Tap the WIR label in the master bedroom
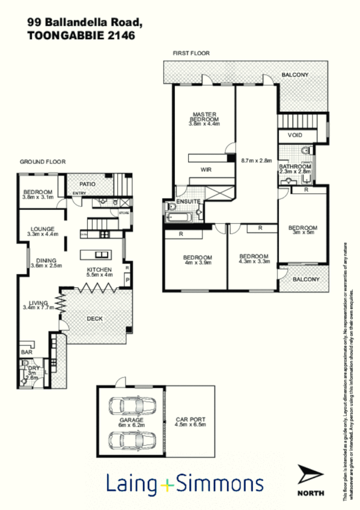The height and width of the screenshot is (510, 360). tap(206, 170)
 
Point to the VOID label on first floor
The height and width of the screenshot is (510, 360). tap(295, 135)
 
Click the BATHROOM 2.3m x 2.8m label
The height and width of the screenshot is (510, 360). tap(295, 167)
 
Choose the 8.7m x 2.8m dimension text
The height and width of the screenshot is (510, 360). tap(257, 161)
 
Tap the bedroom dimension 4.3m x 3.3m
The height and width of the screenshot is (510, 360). tap(254, 262)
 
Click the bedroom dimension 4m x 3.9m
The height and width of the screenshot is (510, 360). tap(198, 262)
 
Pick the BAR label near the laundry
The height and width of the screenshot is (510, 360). tap(26, 352)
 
